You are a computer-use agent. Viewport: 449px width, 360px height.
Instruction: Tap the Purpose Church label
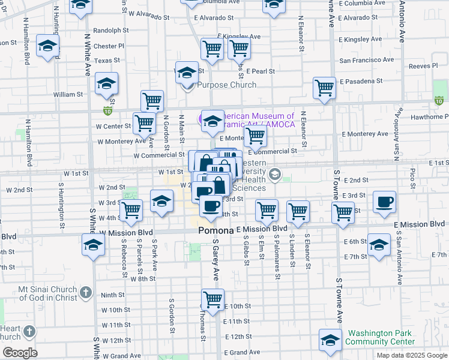point(227,85)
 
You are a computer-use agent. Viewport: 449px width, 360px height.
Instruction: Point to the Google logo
point(20,353)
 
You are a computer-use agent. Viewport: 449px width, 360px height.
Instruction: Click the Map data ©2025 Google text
point(411,355)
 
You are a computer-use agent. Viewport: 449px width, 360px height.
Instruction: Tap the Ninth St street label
point(112,295)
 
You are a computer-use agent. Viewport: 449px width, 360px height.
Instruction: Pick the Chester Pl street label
point(109,46)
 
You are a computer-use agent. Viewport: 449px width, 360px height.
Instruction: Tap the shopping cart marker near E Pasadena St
point(324,88)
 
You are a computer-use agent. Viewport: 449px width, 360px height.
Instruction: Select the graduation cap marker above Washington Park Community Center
point(330,340)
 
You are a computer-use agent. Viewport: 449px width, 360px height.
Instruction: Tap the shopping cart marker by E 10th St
point(212,298)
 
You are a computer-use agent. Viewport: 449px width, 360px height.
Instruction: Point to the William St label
point(68,94)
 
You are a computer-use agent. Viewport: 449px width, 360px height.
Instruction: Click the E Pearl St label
point(259,71)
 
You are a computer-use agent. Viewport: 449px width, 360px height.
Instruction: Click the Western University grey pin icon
point(276,175)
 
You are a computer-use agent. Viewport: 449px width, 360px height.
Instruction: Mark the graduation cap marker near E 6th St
point(379,245)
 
